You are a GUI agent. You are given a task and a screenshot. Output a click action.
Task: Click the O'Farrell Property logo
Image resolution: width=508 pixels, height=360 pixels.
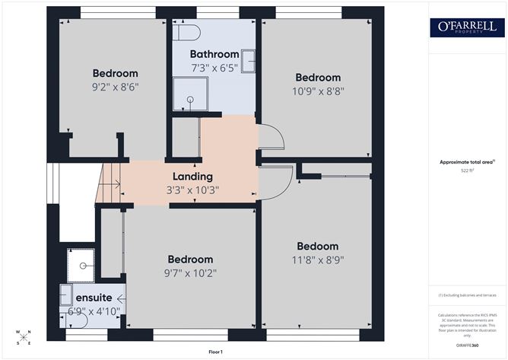pyautogui.click(x=467, y=28)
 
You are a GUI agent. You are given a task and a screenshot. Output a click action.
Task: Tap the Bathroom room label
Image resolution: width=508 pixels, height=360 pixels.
pyautogui.click(x=214, y=54)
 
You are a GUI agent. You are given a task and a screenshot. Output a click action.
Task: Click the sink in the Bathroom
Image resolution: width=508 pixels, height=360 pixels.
pyautogui.click(x=249, y=59)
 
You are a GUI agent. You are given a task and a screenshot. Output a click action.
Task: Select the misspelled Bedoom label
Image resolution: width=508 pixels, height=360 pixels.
pyautogui.click(x=317, y=246)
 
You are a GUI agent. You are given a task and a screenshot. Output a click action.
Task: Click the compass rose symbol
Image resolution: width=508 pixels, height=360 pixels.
pyautogui.click(x=24, y=336)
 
